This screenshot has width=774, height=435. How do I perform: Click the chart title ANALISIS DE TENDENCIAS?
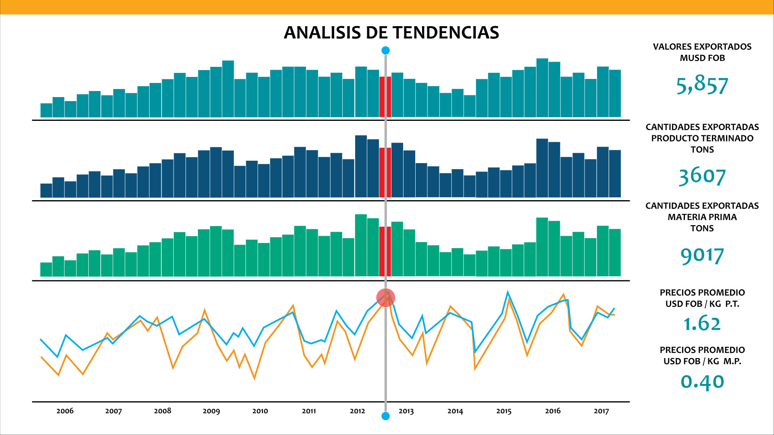tap(391, 33)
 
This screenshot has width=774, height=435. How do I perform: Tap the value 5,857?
tap(702, 85)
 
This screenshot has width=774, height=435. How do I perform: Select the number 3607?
tap(702, 176)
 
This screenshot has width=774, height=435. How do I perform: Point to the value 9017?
tap(702, 255)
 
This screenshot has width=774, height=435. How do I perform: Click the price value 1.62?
tap(702, 323)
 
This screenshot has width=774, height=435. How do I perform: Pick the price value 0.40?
tap(702, 381)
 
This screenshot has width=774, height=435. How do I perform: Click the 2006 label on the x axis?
tap(65, 411)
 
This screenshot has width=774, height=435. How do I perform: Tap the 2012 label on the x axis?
tap(357, 411)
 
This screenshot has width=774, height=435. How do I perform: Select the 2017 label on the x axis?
tap(601, 411)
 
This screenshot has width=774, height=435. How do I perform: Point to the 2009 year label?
tap(211, 411)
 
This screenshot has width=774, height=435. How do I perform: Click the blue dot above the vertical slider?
tap(385, 50)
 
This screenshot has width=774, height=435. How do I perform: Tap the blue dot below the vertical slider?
tap(385, 416)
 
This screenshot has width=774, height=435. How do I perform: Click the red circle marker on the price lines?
tap(385, 298)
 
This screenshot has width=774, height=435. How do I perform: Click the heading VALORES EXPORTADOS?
tap(702, 47)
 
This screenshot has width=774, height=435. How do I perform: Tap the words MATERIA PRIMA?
tap(702, 217)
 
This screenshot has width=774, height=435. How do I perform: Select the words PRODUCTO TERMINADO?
tap(702, 138)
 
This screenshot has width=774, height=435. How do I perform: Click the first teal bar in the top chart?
tap(46, 110)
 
